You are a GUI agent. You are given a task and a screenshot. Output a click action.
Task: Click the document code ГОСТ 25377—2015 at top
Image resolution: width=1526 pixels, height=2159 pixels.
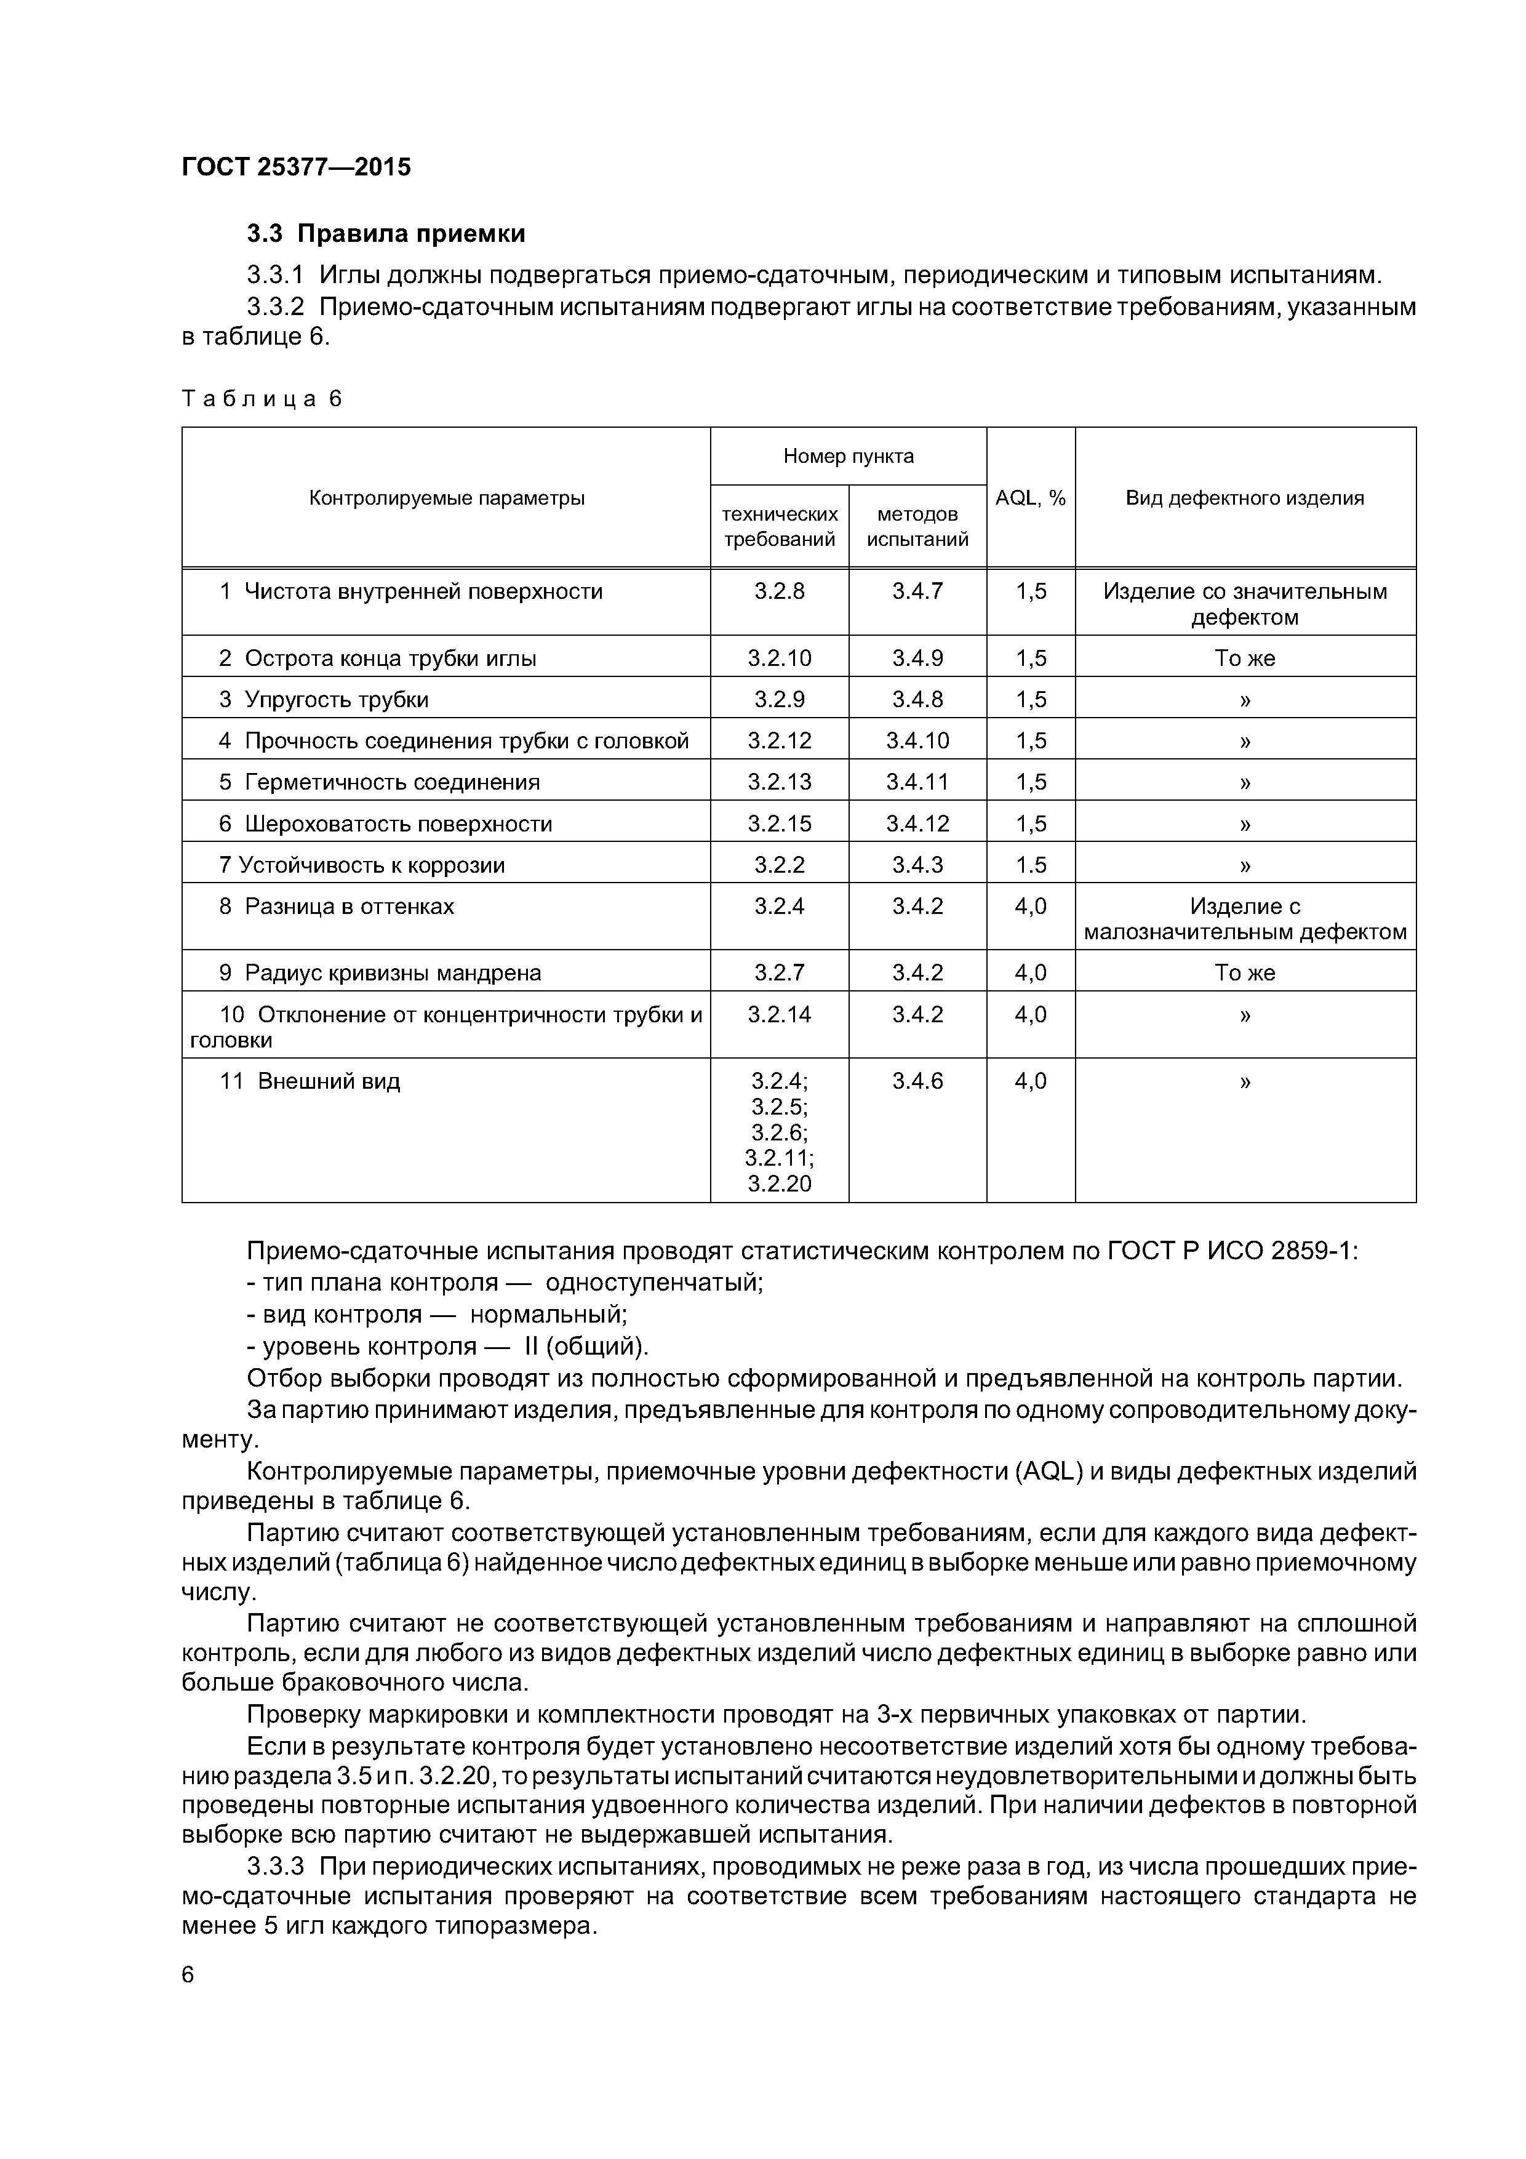point(296,167)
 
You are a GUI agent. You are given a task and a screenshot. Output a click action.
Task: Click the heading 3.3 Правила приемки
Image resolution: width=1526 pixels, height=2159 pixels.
point(385,233)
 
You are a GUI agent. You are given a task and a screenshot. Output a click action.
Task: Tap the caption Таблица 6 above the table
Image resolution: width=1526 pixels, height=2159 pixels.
point(262,399)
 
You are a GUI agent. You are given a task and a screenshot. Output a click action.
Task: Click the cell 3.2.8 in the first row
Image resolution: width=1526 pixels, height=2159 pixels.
point(780,591)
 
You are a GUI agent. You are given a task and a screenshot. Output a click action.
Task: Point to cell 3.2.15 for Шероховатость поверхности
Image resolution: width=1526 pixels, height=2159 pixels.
point(780,823)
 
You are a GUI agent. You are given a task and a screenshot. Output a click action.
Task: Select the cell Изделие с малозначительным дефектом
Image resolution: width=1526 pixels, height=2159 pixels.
point(1244,919)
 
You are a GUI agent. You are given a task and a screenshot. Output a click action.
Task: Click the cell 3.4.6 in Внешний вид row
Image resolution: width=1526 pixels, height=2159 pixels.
point(917,1081)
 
